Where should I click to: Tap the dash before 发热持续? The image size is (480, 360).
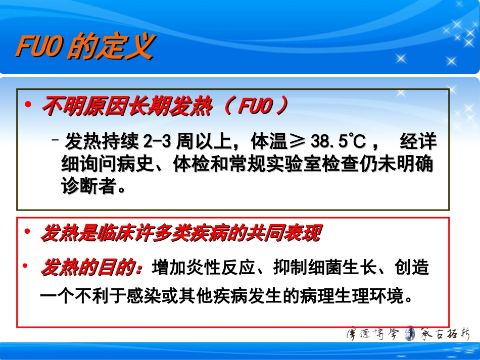56,138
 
